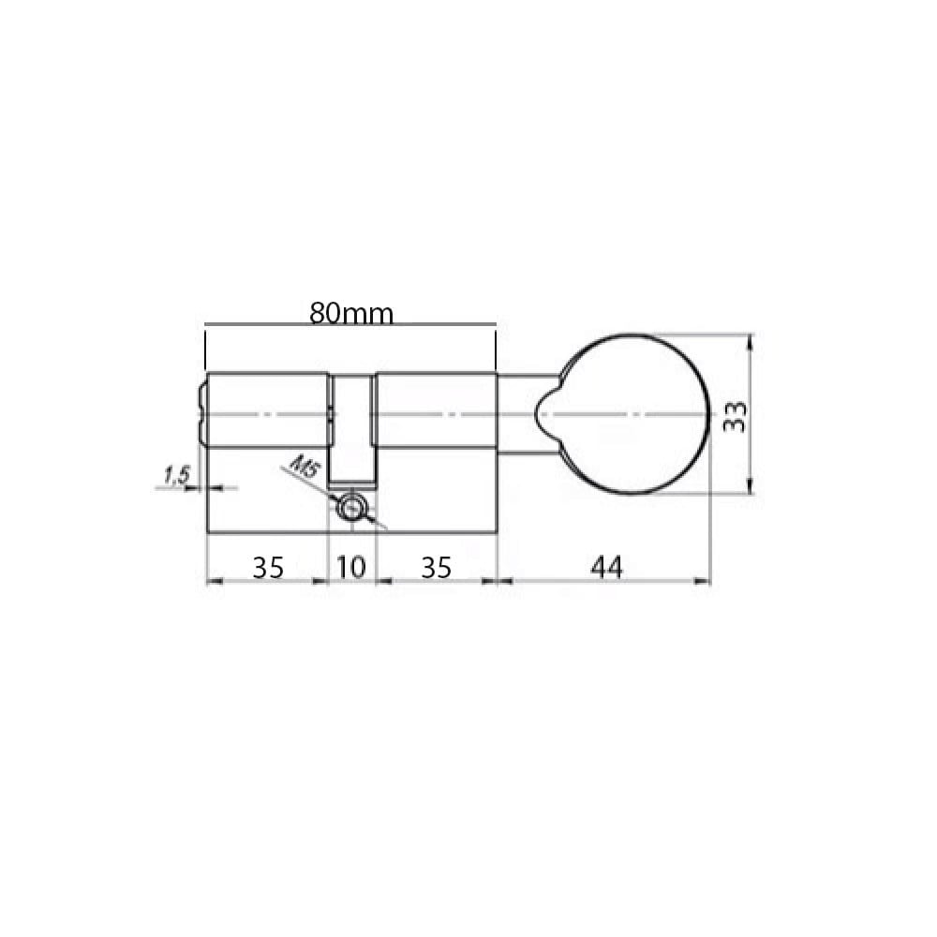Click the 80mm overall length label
[x=351, y=313]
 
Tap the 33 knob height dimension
[x=735, y=417]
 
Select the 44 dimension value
[x=606, y=567]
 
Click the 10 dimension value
[x=351, y=567]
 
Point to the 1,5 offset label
[x=176, y=476]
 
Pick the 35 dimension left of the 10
[x=268, y=567]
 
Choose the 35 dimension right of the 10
[x=437, y=567]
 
